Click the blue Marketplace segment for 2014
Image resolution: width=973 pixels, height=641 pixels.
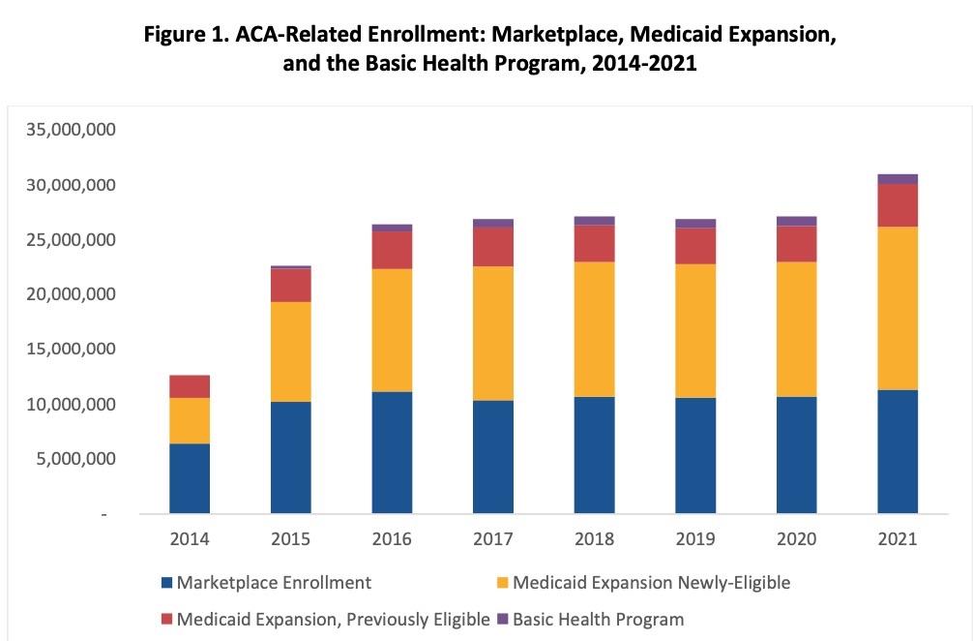click(x=189, y=478)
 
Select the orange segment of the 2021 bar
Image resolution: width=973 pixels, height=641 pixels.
click(x=897, y=308)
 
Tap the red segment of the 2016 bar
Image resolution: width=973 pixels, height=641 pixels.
click(x=392, y=250)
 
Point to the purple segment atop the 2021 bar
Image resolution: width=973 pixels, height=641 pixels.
click(x=897, y=179)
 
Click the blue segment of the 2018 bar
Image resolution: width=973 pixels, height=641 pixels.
click(x=594, y=454)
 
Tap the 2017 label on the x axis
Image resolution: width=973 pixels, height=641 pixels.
click(x=492, y=538)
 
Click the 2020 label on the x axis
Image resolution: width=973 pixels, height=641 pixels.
click(x=796, y=538)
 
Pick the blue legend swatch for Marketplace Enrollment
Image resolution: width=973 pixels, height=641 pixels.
click(x=165, y=583)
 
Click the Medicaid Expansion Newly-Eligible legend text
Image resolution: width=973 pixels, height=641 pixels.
click(x=651, y=583)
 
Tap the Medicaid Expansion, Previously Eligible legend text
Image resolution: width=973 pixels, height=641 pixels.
click(x=328, y=619)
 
